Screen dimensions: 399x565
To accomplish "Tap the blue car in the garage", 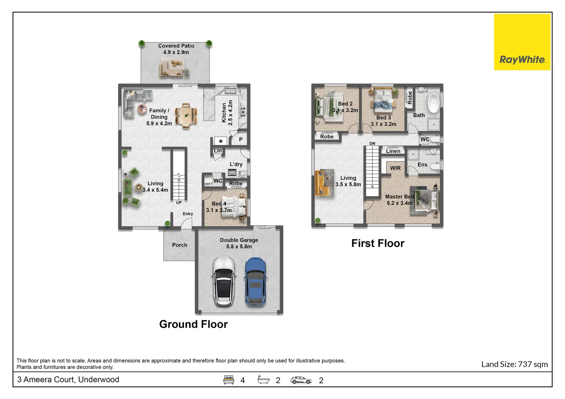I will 256,281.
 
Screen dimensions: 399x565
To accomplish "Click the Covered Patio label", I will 176,46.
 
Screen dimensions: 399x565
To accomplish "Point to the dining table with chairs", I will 186,116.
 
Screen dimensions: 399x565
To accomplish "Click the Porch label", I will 180,245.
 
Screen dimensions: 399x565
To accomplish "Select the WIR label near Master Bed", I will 395,168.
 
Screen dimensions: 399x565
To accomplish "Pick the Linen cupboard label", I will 393,151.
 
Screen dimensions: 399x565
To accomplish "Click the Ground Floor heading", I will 193,324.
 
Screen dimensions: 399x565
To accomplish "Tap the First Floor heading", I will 378,243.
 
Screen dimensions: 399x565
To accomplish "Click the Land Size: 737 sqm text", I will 514,364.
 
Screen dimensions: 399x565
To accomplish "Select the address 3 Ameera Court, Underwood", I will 68,379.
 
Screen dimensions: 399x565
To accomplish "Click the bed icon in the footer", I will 229,380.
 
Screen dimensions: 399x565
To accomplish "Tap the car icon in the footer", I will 301,380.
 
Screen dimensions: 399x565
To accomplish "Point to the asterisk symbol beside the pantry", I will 221,141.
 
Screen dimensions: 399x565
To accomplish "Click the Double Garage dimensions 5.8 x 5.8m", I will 239,246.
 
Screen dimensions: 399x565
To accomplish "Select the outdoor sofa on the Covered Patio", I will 172,69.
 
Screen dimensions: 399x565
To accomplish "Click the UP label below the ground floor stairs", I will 179,202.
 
